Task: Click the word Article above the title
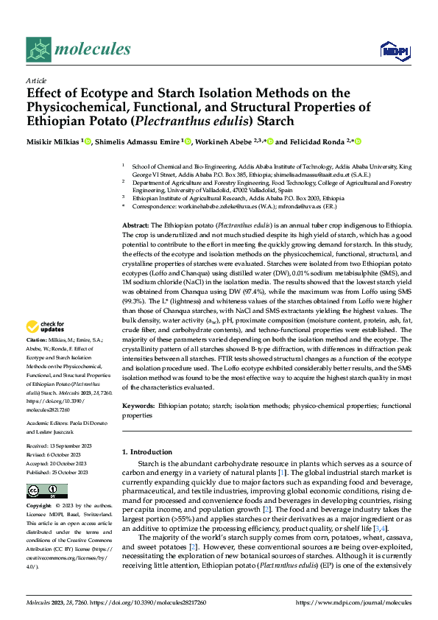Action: tap(36, 80)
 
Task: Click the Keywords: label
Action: tap(138, 406)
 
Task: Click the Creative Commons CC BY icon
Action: tap(46, 491)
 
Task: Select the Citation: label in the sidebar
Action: tap(38, 340)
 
